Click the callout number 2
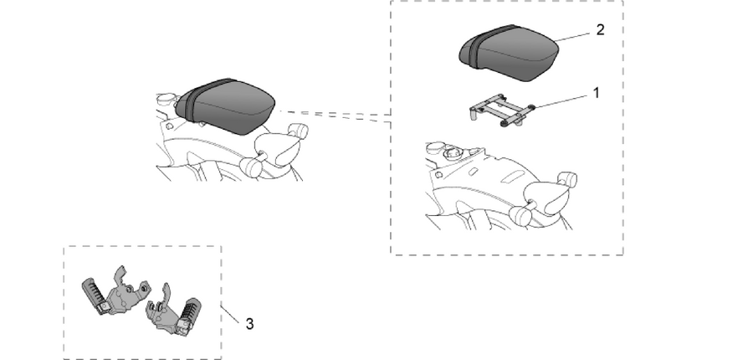600,30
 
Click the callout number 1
597,93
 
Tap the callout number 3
249,324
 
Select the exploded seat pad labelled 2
509,53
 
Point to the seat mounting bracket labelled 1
499,111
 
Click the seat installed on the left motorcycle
225,105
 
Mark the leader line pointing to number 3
230,314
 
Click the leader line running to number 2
572,38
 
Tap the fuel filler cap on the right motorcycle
452,153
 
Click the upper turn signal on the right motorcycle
567,180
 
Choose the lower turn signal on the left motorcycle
252,166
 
